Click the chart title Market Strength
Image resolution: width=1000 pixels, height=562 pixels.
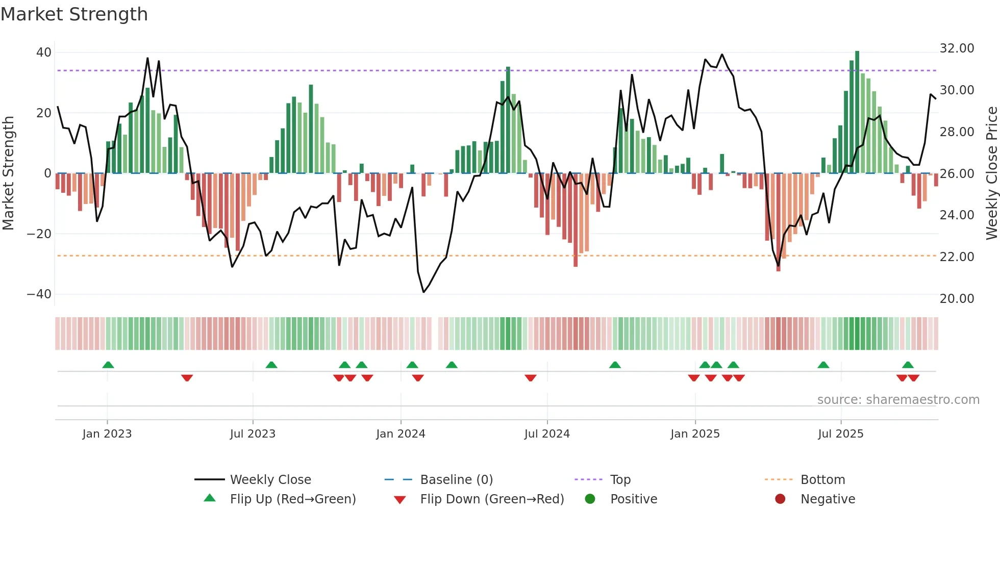coord(74,14)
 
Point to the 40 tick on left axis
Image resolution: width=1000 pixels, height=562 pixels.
coord(44,53)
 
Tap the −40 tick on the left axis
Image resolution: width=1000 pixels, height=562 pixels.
coord(39,294)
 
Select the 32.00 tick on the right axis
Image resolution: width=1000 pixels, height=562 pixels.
coord(957,48)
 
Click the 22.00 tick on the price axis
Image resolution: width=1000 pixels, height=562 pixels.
coord(957,257)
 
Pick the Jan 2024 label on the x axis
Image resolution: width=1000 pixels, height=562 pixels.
coord(401,434)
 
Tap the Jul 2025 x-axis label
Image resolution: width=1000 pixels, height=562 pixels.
coord(840,434)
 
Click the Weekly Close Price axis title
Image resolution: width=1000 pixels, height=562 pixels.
coord(991,173)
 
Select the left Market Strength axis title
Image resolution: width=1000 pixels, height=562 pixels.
coord(9,173)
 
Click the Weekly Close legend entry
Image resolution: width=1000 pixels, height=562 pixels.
coord(270,480)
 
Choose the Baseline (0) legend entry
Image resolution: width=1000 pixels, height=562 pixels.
coord(456,480)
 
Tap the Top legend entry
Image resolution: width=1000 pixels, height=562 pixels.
coord(620,480)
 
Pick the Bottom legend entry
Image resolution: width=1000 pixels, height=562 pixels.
coord(822,480)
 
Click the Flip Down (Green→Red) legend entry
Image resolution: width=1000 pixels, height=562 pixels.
coord(491,499)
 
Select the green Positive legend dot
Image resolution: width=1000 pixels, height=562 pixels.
coord(590,499)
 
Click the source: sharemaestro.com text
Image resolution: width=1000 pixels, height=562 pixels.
coord(898,400)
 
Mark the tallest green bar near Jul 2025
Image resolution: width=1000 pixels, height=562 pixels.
coord(857,112)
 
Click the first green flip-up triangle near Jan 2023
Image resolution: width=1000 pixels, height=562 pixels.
coord(108,365)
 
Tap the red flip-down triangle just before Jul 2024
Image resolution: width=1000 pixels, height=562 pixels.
coord(531,378)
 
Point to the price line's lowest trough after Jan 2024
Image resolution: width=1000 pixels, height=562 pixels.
coord(423,292)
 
